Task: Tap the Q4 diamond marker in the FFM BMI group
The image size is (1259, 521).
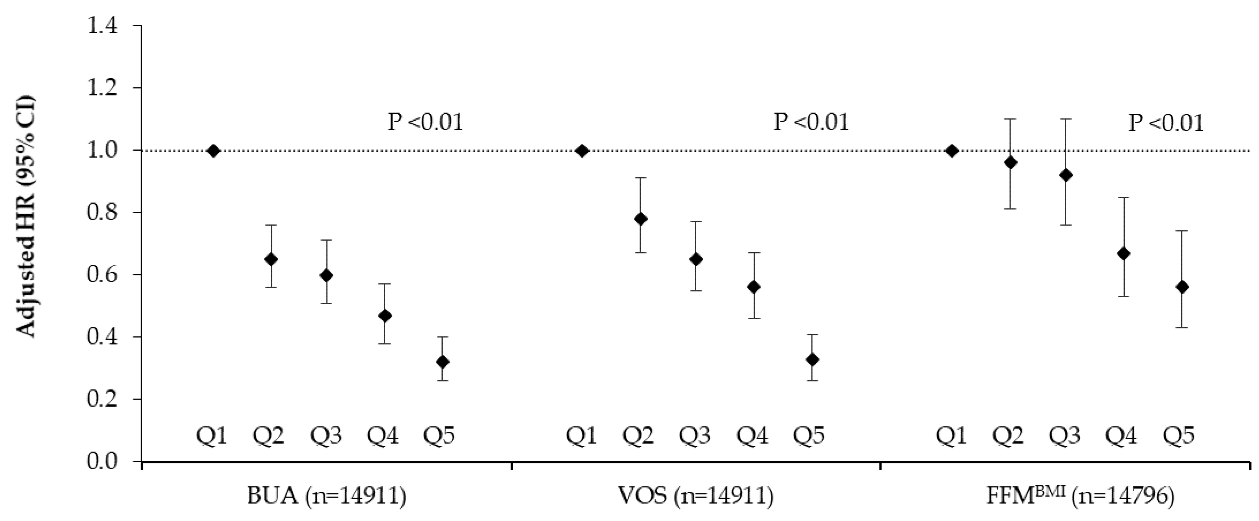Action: tap(1124, 254)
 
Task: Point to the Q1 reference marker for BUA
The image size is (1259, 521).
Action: tap(213, 151)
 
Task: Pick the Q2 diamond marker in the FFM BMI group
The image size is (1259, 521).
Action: tap(1010, 162)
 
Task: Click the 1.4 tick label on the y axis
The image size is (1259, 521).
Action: tap(103, 25)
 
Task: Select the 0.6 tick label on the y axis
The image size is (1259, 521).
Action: tap(103, 275)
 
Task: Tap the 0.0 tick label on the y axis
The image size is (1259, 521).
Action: tap(103, 461)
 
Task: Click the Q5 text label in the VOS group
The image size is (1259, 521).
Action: tap(809, 435)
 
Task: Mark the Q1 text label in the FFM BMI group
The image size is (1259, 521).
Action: tap(951, 435)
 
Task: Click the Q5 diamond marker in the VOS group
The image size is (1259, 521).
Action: tap(812, 360)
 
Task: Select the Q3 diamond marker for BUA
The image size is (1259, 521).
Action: tap(327, 275)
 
